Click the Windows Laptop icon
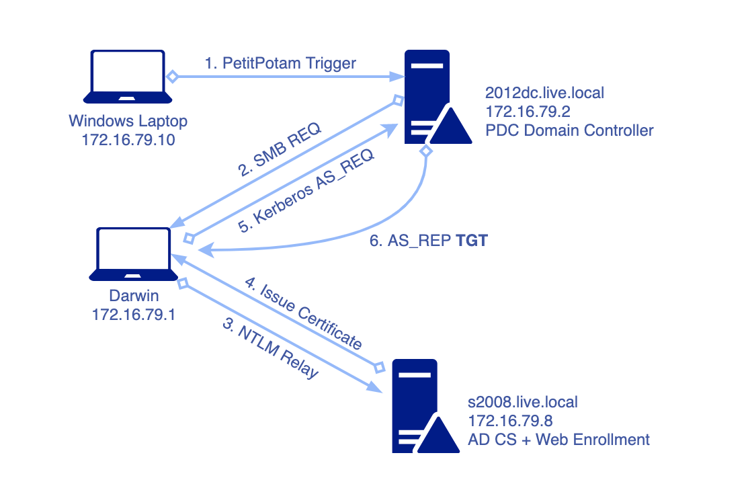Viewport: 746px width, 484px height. coord(128,75)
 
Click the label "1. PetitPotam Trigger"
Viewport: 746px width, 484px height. coord(280,63)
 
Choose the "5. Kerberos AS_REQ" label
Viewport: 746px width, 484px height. coord(307,191)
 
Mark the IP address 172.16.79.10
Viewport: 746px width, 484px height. coord(128,140)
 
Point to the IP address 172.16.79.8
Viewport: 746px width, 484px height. coord(510,421)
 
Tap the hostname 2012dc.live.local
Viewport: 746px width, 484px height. coord(544,93)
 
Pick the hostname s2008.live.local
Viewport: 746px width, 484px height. coord(523,403)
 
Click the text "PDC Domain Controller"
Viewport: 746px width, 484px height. coord(569,130)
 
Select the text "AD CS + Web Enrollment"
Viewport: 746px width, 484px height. coord(559,440)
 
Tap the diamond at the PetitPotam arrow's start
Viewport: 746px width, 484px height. coord(172,77)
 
